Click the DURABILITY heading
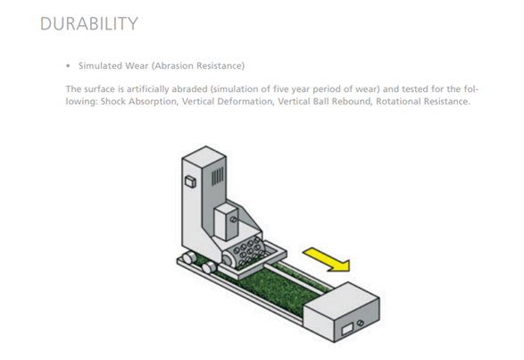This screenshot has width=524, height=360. click(89, 24)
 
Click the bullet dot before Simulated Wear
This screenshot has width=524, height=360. click(68, 66)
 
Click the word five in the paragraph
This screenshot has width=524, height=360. click(280, 89)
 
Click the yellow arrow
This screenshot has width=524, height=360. click(327, 259)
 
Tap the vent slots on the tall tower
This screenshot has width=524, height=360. click(218, 176)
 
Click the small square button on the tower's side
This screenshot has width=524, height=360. click(190, 181)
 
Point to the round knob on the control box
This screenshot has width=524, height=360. click(361, 323)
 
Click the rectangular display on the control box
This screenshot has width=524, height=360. click(347, 330)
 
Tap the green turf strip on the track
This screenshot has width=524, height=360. click(284, 288)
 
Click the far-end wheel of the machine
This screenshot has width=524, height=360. click(189, 258)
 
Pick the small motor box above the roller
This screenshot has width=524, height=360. click(226, 222)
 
